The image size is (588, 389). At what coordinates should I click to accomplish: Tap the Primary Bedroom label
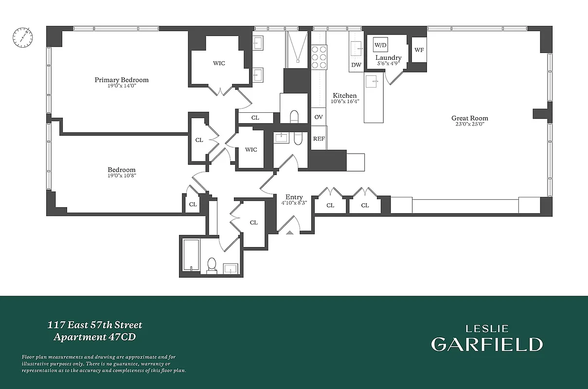pos(122,80)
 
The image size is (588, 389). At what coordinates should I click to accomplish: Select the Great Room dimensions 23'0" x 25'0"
pos(469,124)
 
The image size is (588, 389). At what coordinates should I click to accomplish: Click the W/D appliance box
pos(380,45)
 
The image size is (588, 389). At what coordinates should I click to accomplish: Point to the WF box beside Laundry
pos(419,50)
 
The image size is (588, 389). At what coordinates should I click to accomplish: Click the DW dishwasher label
pos(356,65)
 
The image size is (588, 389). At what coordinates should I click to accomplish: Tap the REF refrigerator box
pos(319,139)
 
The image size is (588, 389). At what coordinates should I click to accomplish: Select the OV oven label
pos(319,117)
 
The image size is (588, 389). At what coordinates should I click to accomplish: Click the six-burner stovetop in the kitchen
pos(319,56)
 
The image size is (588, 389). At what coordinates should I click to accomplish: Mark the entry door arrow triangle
pos(290,233)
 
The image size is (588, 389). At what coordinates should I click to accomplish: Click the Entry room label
pos(294,197)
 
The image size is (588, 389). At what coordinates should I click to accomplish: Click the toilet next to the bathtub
pos(212,265)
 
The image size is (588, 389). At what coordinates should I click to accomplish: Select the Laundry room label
pos(388,58)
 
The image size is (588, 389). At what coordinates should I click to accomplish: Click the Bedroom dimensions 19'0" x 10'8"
pos(122,176)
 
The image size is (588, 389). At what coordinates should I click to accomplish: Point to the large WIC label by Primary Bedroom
pos(219,63)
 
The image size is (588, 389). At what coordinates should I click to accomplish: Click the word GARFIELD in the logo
pos(486,344)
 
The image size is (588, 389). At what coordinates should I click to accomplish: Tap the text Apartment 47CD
pos(94,337)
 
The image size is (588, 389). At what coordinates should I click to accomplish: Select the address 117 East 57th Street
pos(95,325)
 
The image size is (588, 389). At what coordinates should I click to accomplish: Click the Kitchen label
pos(344,95)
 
